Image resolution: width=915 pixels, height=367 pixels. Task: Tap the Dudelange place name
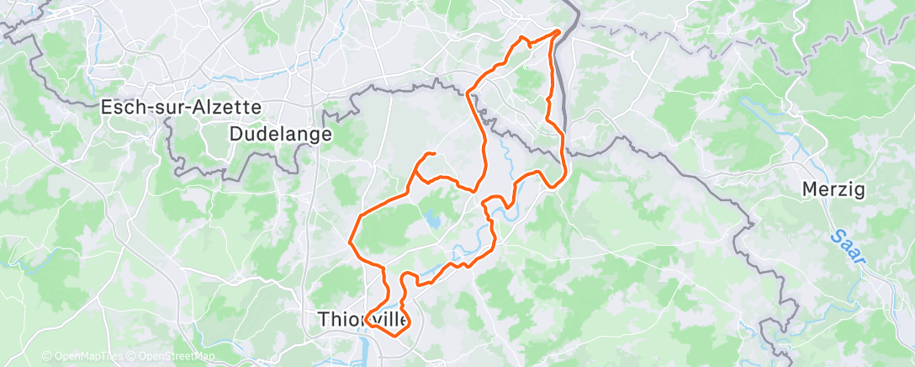point(281,134)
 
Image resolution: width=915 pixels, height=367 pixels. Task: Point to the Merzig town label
point(833,190)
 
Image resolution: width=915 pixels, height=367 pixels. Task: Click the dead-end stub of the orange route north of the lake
point(432,153)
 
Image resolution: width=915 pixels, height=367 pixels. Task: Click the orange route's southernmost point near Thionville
point(395,334)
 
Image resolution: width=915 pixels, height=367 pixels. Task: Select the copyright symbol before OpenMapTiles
point(46,357)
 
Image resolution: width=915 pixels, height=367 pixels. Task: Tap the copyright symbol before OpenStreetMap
point(132,357)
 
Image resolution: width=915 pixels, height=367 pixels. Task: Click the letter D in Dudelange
point(236,134)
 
